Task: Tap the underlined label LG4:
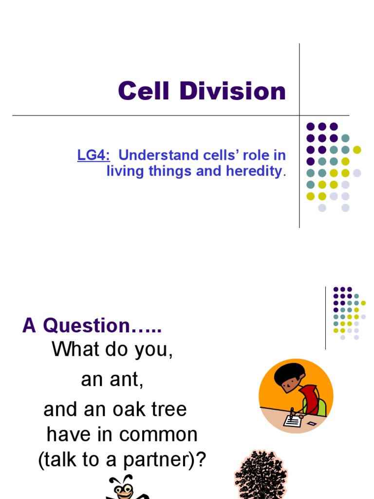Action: pos(93,155)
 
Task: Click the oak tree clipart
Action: pos(260,475)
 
